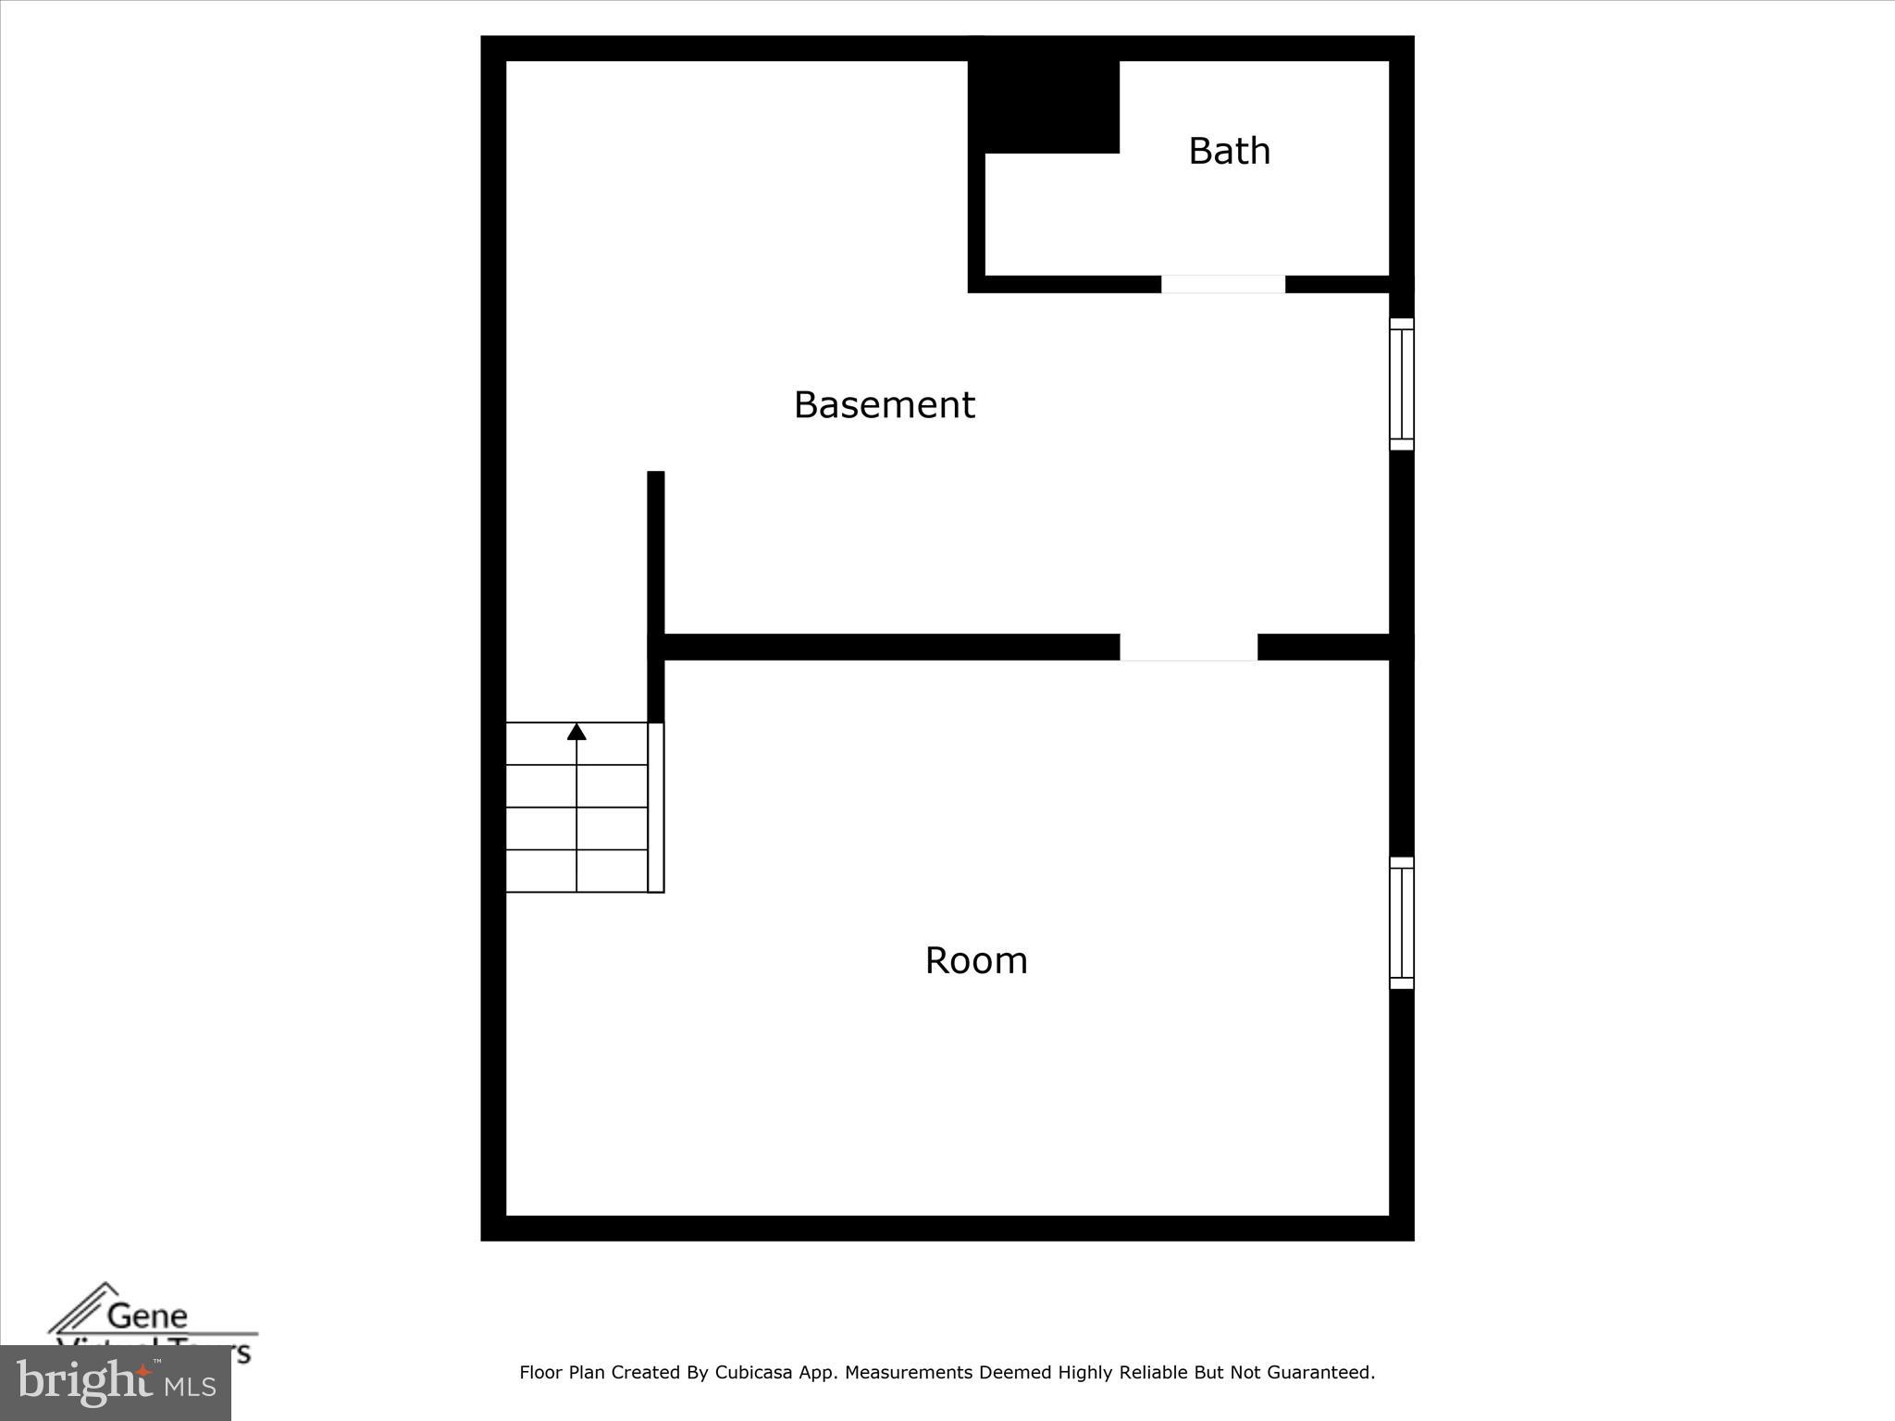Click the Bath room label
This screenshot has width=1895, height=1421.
pos(1229,151)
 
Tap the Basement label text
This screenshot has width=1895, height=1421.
pos(884,405)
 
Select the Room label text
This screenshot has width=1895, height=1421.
pos(976,960)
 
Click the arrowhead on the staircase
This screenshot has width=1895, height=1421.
pos(576,732)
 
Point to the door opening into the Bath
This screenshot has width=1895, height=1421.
pos(1222,284)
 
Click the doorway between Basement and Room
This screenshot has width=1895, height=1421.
pos(1188,647)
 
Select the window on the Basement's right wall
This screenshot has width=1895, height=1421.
pos(1401,384)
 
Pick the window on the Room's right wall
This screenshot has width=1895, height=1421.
pos(1401,922)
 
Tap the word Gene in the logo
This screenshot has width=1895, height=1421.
pos(147,1316)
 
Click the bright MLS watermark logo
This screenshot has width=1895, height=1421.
pos(116,1383)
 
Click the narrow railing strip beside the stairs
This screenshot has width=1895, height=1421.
pos(655,807)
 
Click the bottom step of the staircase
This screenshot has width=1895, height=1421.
pos(576,871)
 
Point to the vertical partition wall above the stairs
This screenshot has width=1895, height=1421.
pos(655,555)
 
